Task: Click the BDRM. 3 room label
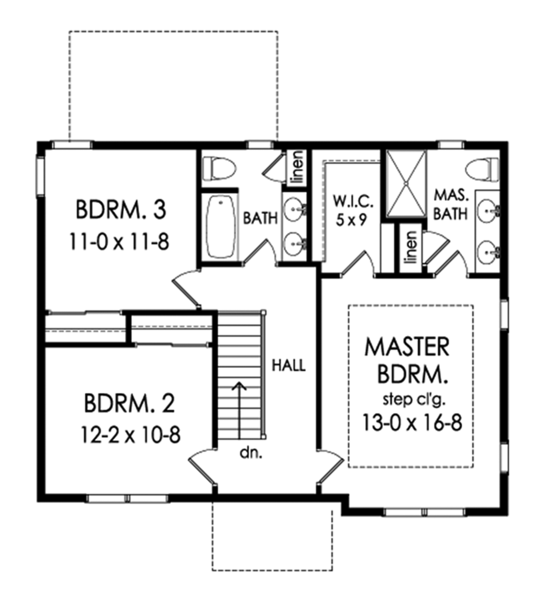coord(121,210)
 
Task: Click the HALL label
coord(288,365)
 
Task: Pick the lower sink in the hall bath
coord(294,243)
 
